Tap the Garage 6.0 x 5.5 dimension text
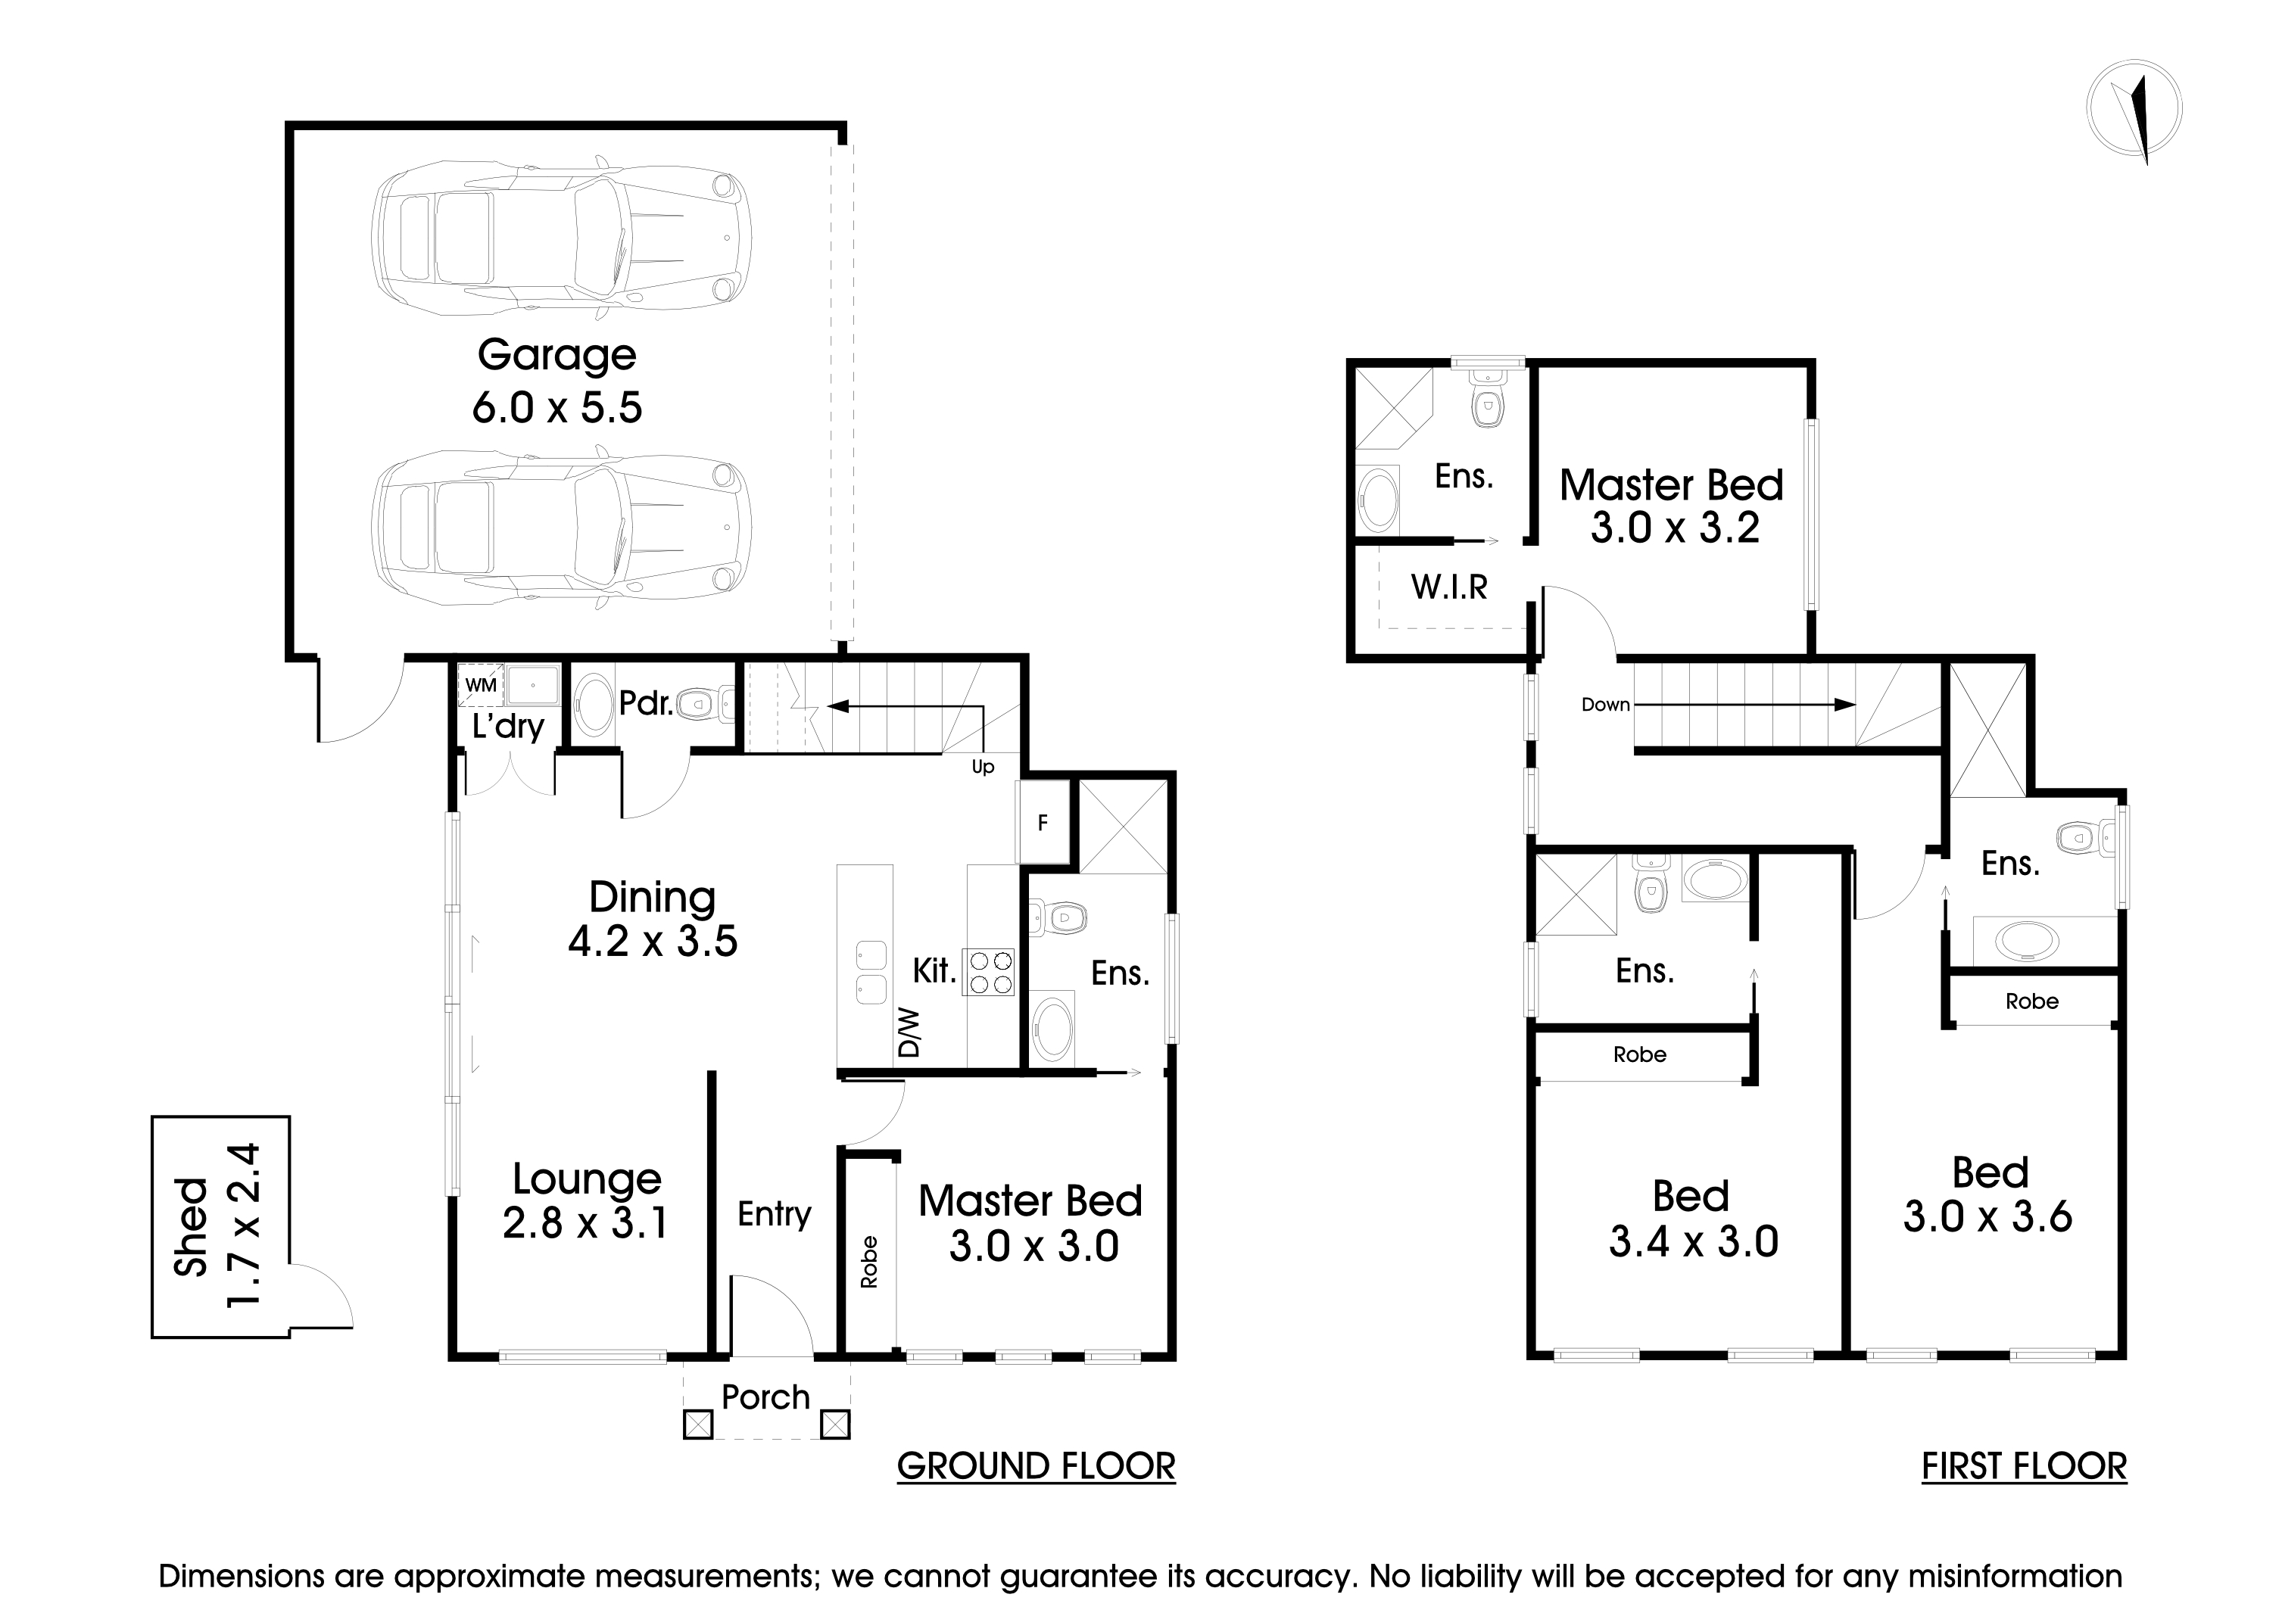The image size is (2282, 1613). click(556, 407)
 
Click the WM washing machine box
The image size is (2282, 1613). click(481, 686)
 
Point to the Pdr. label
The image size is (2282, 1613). click(645, 704)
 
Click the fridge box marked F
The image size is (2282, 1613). click(1042, 823)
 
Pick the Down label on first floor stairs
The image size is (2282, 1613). click(1605, 705)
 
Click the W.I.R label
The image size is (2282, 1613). click(1449, 587)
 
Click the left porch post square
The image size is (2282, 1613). click(698, 1425)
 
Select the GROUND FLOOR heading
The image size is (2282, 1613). click(1036, 1467)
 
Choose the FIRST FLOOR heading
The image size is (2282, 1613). click(2024, 1467)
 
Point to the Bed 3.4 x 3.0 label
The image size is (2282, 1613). click(1693, 1219)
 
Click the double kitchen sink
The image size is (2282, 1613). click(871, 973)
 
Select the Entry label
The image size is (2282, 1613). click(775, 1213)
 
